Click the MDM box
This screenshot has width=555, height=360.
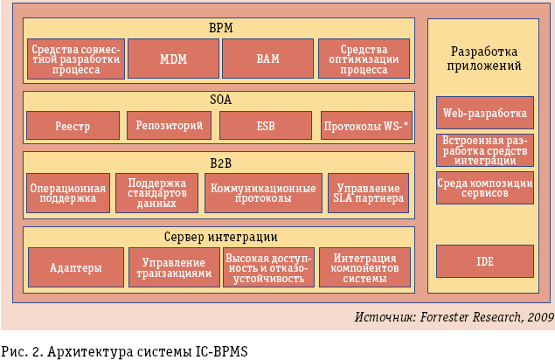(174, 59)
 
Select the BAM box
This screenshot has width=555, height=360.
(267, 59)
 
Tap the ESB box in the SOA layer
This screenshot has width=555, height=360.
(266, 126)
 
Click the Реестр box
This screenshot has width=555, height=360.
(73, 126)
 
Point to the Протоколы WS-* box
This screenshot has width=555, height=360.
(366, 126)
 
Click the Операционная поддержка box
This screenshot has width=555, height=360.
(68, 194)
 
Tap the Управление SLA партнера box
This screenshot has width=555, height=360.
(367, 194)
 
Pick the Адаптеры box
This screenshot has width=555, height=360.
(75, 267)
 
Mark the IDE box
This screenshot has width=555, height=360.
(484, 261)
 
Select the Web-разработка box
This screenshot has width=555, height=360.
(484, 113)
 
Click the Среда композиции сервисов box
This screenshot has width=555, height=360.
(484, 188)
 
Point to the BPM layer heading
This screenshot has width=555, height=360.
(219, 27)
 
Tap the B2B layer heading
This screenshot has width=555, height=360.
(219, 162)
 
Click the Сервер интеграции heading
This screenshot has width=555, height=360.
(220, 236)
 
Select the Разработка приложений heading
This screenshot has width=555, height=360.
(484, 58)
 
